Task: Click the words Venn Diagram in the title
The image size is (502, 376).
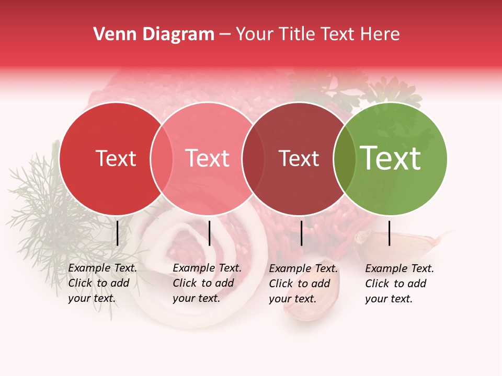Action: (x=154, y=34)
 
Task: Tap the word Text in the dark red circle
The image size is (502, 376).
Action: (x=299, y=158)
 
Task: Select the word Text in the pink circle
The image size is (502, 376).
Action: (x=207, y=158)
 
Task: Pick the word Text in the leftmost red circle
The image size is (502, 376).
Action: (x=116, y=158)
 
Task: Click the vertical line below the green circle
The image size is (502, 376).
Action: (x=390, y=233)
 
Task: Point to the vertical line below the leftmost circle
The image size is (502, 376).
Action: (x=118, y=233)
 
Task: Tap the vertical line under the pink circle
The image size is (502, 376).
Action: (x=209, y=233)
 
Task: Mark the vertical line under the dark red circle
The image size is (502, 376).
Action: (x=302, y=233)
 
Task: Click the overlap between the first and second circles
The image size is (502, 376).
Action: (x=162, y=158)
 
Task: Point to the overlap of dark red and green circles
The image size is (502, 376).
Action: (x=345, y=158)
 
